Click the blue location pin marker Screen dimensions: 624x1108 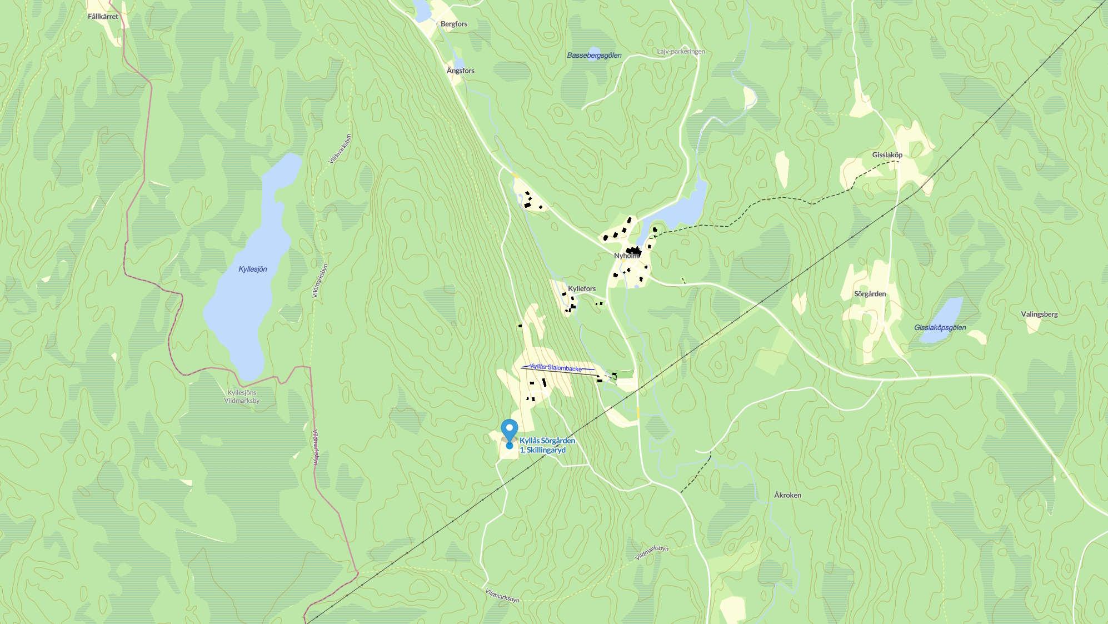coord(510,431)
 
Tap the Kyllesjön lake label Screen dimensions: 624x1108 coord(253,269)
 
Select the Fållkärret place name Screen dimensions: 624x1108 coord(103,17)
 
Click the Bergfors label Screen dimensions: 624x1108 coord(454,24)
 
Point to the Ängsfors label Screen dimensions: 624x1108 coord(461,71)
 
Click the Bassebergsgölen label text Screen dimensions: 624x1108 coord(594,56)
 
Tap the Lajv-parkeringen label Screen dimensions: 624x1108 coord(681,52)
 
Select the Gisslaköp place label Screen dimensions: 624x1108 coord(887,155)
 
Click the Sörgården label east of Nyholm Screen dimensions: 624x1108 coord(870,294)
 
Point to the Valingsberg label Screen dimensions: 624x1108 coord(1039,314)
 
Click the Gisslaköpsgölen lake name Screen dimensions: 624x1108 coord(940,328)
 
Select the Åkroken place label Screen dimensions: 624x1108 coord(788,495)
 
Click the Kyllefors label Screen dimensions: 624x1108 coord(582,288)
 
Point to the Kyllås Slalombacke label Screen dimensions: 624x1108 coord(556,368)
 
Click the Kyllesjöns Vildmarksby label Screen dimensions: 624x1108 coord(242,397)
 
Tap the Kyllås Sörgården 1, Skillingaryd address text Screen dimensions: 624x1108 coord(547,446)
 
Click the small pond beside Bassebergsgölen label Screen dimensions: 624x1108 coord(593,51)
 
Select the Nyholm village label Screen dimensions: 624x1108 coord(626,256)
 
